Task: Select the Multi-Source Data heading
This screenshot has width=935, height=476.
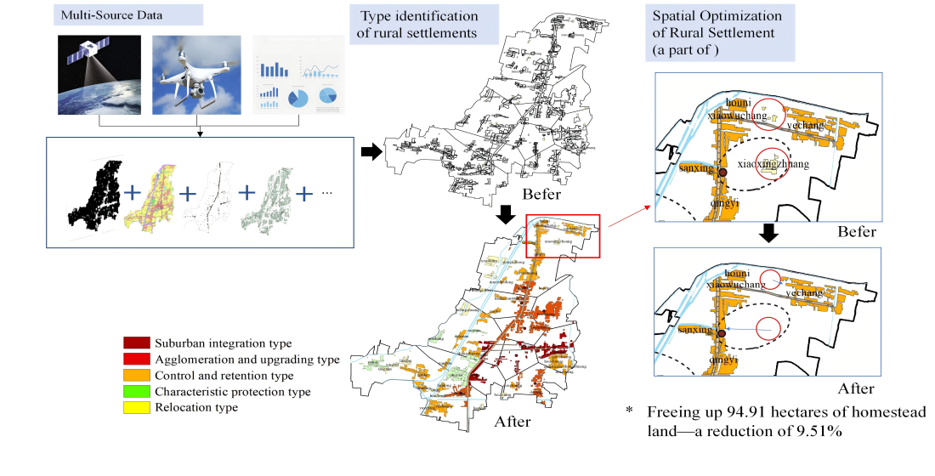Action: (105, 15)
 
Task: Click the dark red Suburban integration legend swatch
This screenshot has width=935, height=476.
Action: (137, 343)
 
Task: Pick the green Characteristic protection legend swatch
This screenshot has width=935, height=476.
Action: (137, 392)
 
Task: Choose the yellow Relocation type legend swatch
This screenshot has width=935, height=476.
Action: (137, 408)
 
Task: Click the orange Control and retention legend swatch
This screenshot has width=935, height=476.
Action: (137, 376)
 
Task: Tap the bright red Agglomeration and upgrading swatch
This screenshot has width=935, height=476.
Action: (137, 360)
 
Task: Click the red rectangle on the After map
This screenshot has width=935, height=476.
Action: (564, 235)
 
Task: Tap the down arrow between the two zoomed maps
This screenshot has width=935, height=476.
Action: (768, 232)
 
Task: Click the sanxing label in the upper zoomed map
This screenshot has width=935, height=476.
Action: (696, 170)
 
